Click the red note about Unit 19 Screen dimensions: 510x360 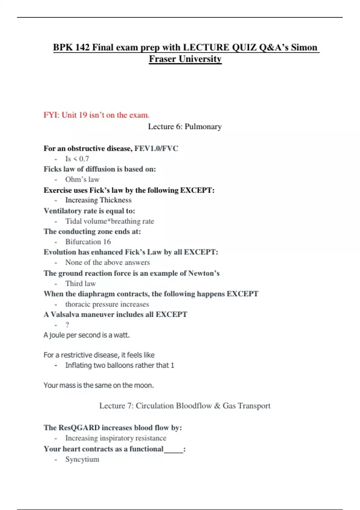(96, 115)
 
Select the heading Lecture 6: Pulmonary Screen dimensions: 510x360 (185, 127)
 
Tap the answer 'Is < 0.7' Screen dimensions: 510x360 (77, 159)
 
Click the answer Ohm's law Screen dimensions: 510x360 (82, 179)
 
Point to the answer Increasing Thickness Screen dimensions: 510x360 (98, 200)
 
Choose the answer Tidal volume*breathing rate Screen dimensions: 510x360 (109, 221)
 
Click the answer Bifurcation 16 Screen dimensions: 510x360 (88, 242)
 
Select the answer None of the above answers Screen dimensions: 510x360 (107, 262)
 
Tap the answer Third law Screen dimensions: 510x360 (80, 283)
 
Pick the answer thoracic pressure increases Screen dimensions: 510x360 (107, 304)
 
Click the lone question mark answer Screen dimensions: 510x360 (67, 325)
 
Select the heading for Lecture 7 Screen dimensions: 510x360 (185, 406)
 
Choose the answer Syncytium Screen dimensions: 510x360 (82, 459)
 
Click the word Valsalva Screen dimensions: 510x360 (65, 314)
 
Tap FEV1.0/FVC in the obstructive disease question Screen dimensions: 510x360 (156, 148)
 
